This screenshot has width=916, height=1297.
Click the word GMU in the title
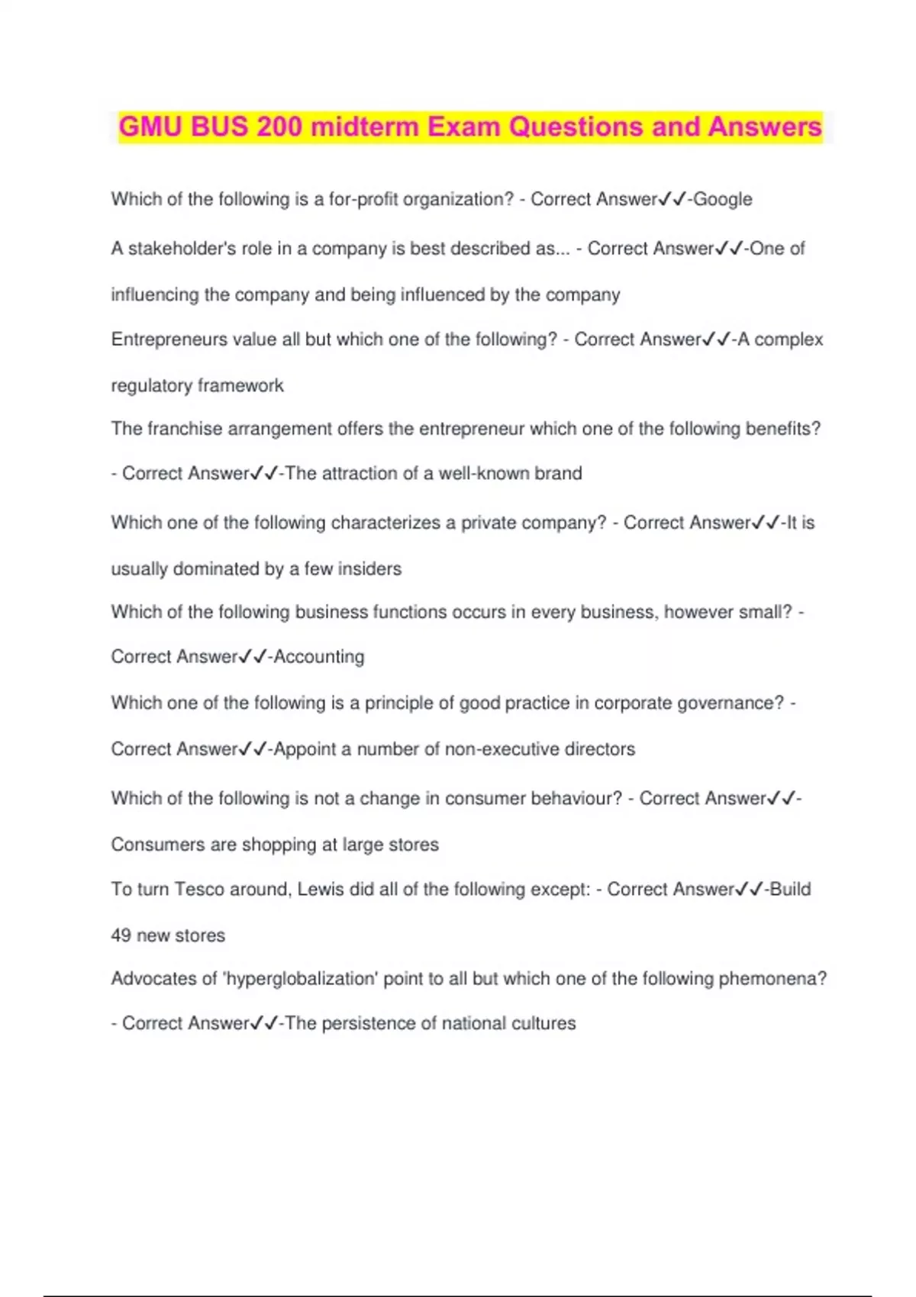point(150,127)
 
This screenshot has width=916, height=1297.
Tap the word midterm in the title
point(365,127)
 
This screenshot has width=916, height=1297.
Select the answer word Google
point(723,199)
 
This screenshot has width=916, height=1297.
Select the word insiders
point(369,568)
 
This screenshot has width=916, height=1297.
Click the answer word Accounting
point(319,656)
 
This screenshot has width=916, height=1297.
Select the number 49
point(121,935)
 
